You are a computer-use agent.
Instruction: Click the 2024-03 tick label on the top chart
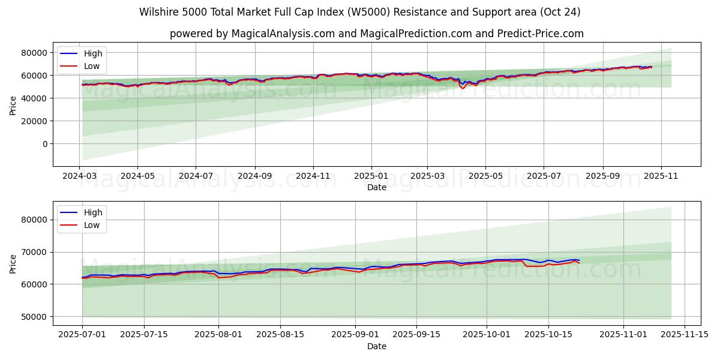click(x=79, y=177)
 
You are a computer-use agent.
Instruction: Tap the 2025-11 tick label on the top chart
click(x=661, y=177)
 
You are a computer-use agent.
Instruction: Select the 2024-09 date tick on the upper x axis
click(x=254, y=177)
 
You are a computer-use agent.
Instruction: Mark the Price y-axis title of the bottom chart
click(x=13, y=263)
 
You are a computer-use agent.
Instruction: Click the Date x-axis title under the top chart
click(x=377, y=188)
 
